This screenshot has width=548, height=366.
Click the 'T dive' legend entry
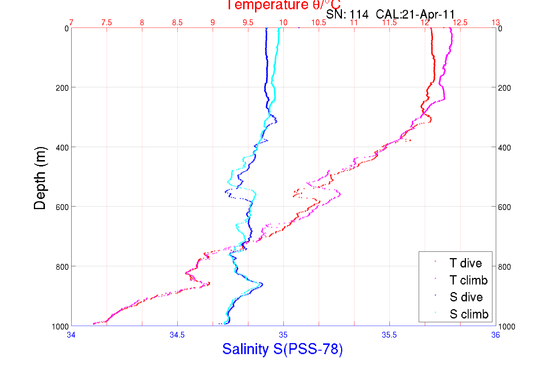[465, 263]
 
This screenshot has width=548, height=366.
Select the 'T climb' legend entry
[468, 280]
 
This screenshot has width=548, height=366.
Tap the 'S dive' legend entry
[466, 297]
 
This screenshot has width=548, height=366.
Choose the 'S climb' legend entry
[469, 314]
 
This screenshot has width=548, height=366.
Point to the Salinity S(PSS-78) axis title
[283, 349]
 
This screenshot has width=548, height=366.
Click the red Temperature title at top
[283, 5]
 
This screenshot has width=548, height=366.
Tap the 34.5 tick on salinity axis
[177, 335]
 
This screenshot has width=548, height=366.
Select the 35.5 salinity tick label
[389, 335]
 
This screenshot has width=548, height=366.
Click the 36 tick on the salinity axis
[495, 335]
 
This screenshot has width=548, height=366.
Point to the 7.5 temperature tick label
[107, 23]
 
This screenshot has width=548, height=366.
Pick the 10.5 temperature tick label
[318, 23]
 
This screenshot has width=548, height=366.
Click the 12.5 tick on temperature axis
[460, 23]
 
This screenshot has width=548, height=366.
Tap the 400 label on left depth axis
[62, 148]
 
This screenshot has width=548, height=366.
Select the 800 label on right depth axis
[504, 267]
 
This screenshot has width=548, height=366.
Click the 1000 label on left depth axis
[60, 327]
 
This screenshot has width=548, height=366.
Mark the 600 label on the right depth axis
[504, 207]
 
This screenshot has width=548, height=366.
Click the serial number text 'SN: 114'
[347, 14]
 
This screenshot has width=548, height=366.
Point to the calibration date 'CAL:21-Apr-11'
[415, 14]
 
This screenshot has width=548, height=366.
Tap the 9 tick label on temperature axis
[213, 23]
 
